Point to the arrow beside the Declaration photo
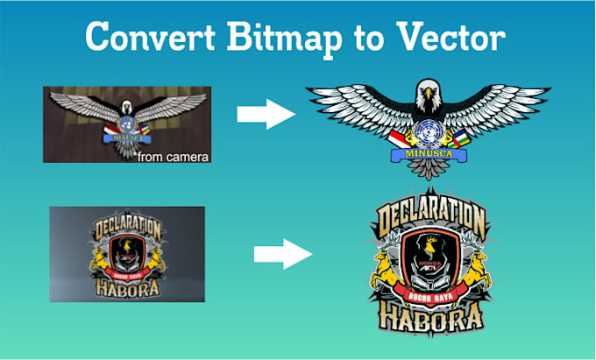pos(282,255)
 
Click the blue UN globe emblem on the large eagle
pos(429,133)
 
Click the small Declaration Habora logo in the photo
pos(127,254)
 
